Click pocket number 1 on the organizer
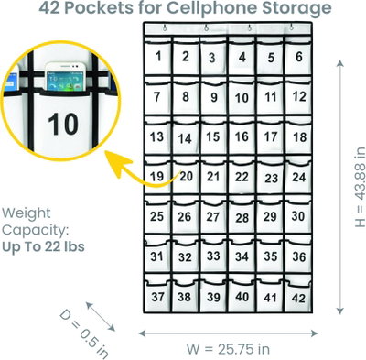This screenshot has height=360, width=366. click(x=157, y=57)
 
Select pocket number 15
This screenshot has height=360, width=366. click(x=213, y=137)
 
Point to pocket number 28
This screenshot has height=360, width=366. click(x=242, y=217)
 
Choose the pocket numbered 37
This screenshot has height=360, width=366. click(x=157, y=296)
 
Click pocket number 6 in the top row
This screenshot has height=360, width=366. click(x=298, y=57)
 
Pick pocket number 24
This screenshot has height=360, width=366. click(x=298, y=177)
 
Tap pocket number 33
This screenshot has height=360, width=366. click(x=213, y=256)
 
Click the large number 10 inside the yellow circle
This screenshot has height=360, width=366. click(x=63, y=124)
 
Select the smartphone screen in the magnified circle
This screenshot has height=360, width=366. click(x=62, y=81)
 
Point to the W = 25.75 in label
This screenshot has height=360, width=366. click(x=228, y=349)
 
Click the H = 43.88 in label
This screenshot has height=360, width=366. click(x=361, y=187)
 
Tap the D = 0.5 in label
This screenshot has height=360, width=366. click(x=84, y=333)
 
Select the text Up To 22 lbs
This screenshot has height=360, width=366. click(x=43, y=246)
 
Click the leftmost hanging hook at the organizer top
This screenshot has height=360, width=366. click(x=165, y=28)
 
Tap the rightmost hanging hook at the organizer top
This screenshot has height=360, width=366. click(x=291, y=27)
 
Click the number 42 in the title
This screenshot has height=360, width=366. click(x=50, y=8)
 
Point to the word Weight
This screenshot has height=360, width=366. click(x=27, y=213)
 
